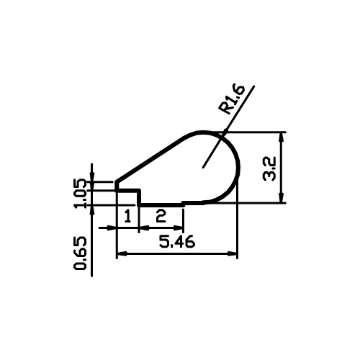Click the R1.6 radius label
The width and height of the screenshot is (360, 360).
232,99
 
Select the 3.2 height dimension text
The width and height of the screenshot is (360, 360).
269,169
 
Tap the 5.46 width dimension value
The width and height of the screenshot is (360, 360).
177,241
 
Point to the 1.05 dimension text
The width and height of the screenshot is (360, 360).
79,194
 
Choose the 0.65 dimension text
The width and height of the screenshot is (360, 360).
80,253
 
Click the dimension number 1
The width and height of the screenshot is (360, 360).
128,215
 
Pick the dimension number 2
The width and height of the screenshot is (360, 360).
161,215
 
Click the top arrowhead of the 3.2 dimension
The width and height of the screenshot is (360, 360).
282,138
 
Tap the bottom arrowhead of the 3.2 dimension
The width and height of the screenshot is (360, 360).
282,198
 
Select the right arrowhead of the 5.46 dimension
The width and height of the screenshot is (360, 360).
232,253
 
